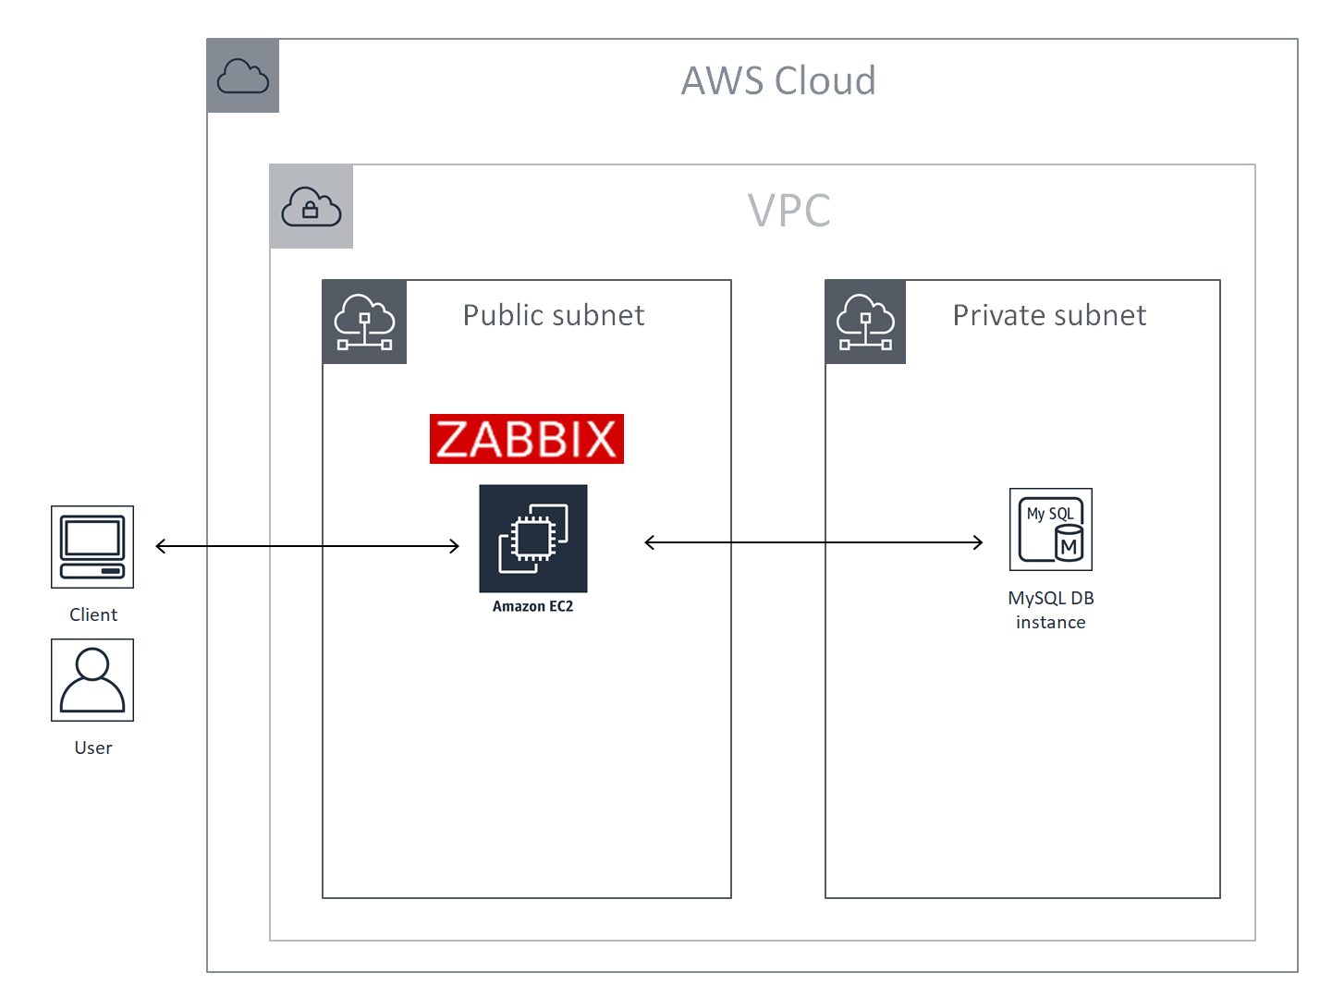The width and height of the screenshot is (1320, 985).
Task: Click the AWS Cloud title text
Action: tap(778, 81)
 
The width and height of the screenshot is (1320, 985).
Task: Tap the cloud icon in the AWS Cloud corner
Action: tap(243, 76)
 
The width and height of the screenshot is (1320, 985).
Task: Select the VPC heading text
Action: tap(788, 211)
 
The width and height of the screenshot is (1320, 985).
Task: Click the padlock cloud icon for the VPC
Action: tap(312, 207)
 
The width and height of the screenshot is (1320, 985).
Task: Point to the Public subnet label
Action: tap(554, 316)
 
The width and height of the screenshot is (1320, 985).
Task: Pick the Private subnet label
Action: tap(1049, 316)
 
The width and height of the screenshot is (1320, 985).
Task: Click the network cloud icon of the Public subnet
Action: tap(364, 322)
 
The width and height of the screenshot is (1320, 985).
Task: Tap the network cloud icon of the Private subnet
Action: tap(865, 322)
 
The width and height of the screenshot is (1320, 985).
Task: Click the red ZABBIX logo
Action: tap(527, 439)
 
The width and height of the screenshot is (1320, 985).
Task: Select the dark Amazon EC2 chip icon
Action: tap(533, 538)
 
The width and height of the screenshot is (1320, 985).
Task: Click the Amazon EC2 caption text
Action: tap(532, 606)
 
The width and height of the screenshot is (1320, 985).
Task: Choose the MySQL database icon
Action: tap(1051, 529)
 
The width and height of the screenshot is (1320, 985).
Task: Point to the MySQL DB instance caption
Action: tap(1051, 610)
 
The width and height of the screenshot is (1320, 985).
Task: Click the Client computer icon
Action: tap(92, 546)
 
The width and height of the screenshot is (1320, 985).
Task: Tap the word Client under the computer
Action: tap(93, 614)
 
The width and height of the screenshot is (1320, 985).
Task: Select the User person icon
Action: tap(92, 679)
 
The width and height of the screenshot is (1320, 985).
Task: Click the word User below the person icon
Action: tap(93, 748)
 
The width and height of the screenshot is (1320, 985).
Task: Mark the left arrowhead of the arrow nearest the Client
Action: tap(160, 546)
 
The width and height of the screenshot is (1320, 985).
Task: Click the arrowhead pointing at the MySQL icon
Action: tap(979, 542)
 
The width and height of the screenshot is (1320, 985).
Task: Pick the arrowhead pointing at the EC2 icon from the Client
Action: tap(455, 546)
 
